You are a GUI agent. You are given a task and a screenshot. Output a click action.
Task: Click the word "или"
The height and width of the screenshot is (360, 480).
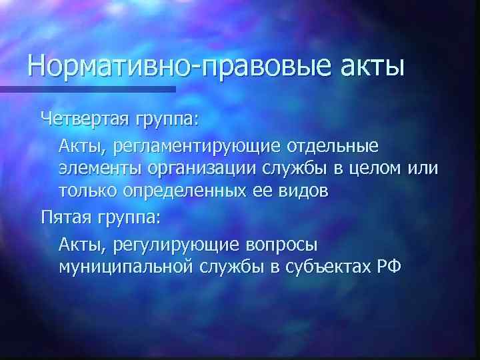pos(425,168)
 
